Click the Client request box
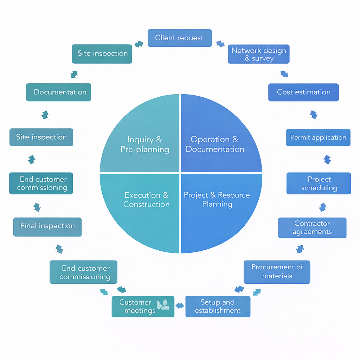click(x=179, y=38)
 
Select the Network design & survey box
click(x=258, y=54)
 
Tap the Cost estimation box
click(x=303, y=92)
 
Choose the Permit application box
click(x=318, y=137)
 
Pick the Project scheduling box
click(x=319, y=183)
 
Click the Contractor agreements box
click(x=312, y=227)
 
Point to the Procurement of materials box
click(x=277, y=272)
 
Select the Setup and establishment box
click(x=218, y=306)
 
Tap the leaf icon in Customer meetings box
click(x=163, y=304)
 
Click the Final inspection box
click(x=47, y=226)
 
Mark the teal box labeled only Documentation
click(x=59, y=92)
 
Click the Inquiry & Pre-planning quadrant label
click(x=145, y=144)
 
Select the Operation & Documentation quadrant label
click(x=215, y=144)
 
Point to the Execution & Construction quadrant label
click(x=146, y=200)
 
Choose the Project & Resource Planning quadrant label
click(x=217, y=199)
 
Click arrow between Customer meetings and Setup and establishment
click(x=180, y=306)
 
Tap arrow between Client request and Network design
click(x=220, y=44)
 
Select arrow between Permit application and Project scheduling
click(x=327, y=160)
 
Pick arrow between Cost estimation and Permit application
click(x=314, y=115)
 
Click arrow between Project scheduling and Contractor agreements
click(x=322, y=207)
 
